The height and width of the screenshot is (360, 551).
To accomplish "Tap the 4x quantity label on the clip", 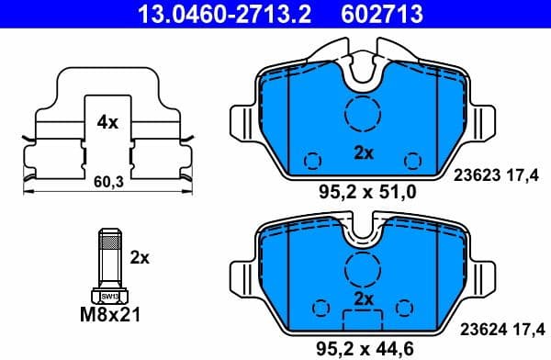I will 107,121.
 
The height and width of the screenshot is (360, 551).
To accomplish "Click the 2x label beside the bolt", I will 140,258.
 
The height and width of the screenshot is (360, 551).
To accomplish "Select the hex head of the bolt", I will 108,296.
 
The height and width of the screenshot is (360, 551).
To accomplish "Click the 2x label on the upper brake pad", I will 364,154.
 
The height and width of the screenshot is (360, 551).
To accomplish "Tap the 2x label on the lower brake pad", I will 364,300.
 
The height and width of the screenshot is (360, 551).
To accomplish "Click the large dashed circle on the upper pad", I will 363,115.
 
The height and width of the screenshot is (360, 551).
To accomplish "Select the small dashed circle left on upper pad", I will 312,159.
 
